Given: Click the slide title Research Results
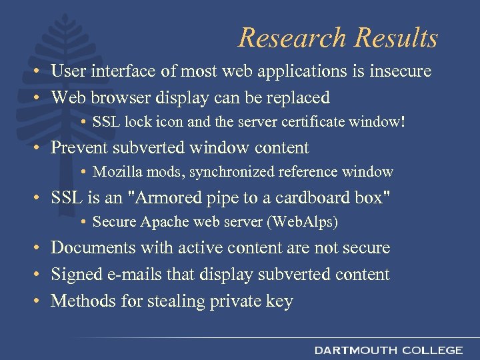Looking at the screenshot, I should (338, 37).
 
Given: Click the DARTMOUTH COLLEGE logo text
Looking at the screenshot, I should (389, 350).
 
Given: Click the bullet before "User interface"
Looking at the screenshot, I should (41, 71).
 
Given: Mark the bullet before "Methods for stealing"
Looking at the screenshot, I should (41, 301).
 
